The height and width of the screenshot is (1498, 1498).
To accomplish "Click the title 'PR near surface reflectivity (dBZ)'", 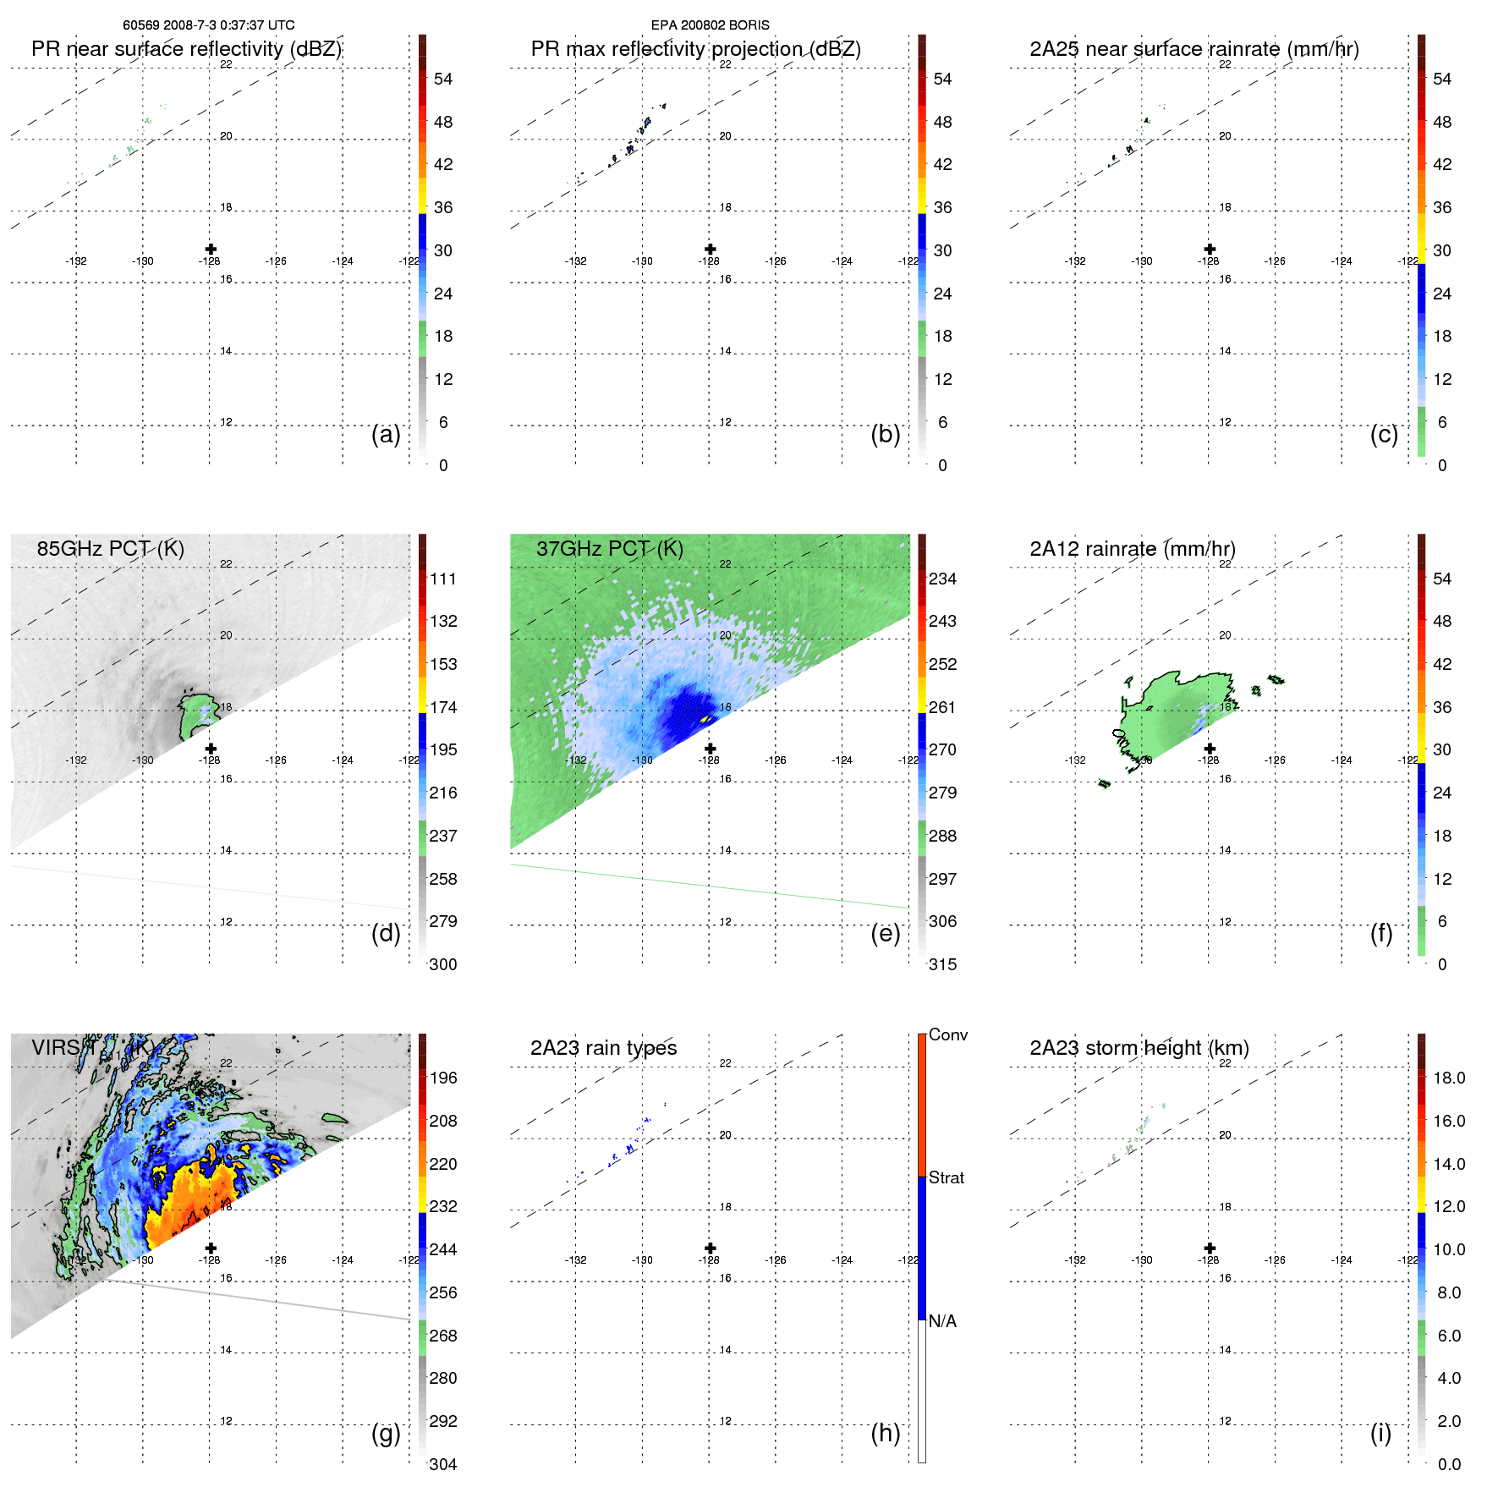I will [x=186, y=49].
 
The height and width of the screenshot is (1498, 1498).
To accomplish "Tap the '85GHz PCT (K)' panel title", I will [x=110, y=549].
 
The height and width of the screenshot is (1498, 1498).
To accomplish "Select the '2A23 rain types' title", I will [x=603, y=1048].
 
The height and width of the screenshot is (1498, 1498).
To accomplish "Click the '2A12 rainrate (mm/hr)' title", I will [x=1132, y=549].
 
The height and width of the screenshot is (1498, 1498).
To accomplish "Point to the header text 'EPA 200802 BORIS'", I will [x=710, y=25].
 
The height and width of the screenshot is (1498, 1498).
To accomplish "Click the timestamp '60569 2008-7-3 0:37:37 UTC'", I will [x=208, y=25].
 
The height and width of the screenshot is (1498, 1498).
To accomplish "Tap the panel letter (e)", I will [x=885, y=933].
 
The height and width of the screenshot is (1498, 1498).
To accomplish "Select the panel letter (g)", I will [x=386, y=1433].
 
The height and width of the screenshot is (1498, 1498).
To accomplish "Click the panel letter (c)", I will [x=1384, y=434].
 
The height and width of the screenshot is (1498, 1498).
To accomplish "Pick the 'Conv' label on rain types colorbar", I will [x=947, y=1034].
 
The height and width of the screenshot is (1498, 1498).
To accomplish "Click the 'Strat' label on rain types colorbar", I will [x=946, y=1177].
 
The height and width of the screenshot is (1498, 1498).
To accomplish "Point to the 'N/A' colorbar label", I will [x=942, y=1321].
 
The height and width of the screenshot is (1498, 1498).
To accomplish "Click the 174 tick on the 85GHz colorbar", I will [x=443, y=707].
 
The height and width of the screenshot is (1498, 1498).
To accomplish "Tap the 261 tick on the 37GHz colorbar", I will [x=942, y=707].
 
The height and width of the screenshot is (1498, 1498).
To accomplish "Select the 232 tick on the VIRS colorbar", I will [x=443, y=1206].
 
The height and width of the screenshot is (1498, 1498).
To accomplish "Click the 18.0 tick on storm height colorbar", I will [x=1449, y=1078].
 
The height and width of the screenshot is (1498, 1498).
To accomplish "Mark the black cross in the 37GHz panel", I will [x=711, y=749].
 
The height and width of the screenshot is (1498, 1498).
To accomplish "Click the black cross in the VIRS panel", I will [x=211, y=1248].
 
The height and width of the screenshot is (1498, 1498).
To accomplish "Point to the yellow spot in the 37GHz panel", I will [x=705, y=718].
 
